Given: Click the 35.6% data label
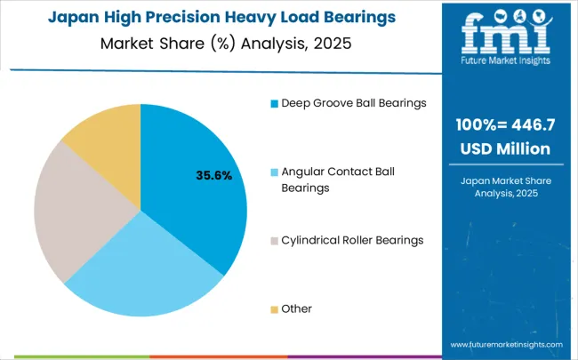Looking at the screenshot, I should [213, 176].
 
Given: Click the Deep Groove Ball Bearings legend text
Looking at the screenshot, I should [354, 103].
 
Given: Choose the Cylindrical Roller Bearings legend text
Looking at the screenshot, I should [352, 240].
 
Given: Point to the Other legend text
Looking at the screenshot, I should [297, 308].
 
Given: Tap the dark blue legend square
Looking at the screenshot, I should [274, 103].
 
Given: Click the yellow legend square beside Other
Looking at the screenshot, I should [274, 309].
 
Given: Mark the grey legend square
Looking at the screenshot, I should [274, 240].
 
